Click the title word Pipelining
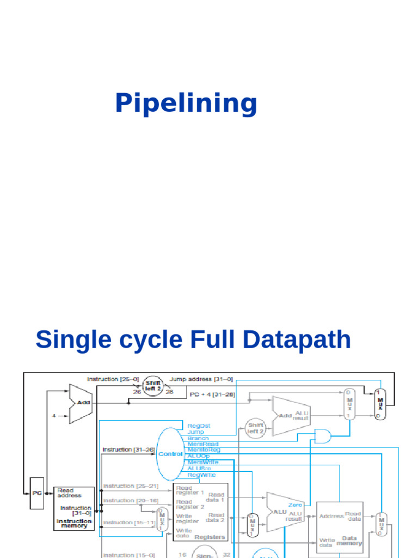point(186,104)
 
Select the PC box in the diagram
point(36,494)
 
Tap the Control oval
point(170,454)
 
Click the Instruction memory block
point(74,508)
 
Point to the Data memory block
point(340,527)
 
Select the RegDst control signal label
point(199,426)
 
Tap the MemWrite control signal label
point(203,462)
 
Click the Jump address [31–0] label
point(201,379)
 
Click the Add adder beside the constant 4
point(81,403)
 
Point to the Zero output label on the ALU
point(296,505)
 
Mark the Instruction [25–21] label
point(130,486)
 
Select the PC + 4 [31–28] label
point(212,394)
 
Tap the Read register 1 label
point(190,489)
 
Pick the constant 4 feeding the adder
point(54,416)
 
